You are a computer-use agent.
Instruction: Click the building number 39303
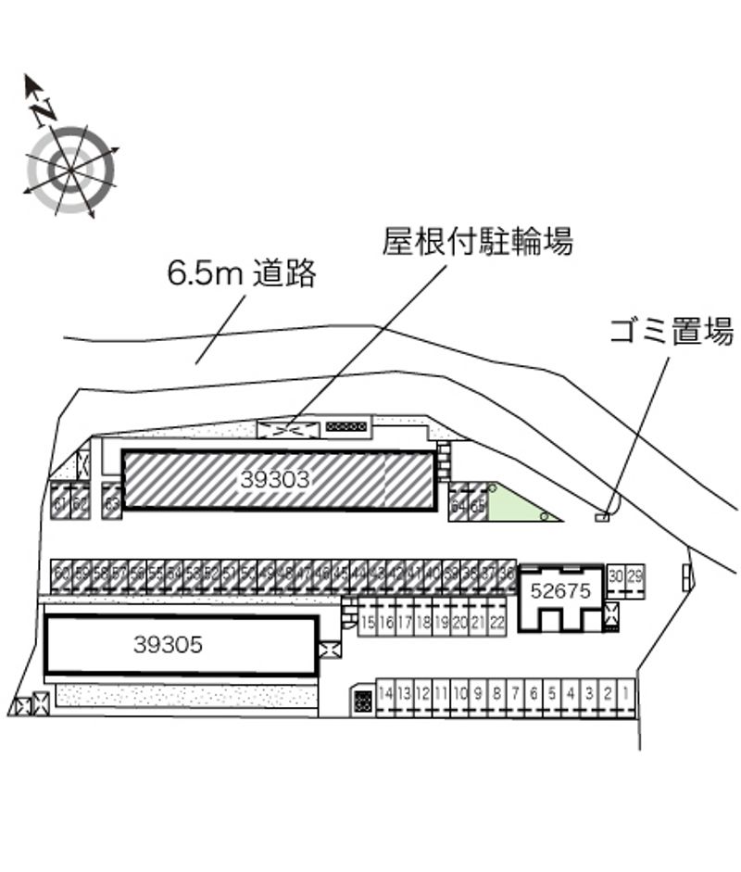[x=274, y=480]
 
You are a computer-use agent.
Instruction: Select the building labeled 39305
[x=168, y=645]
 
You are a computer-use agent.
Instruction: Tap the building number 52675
[x=559, y=591]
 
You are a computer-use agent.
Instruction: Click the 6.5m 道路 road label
[x=242, y=274]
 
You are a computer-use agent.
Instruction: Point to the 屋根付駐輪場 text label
[x=478, y=243]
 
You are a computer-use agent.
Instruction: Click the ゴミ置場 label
[x=672, y=332]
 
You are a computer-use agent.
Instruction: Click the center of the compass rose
[x=70, y=169]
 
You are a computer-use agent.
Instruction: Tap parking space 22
[x=497, y=622]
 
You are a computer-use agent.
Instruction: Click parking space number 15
[x=368, y=622]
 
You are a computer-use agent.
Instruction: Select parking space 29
[x=634, y=578]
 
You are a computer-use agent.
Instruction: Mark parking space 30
[x=617, y=578]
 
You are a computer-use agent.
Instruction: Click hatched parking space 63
[x=112, y=503]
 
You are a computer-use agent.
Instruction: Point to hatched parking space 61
[x=59, y=503]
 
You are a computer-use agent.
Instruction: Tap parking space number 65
[x=478, y=506]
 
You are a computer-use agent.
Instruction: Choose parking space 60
[x=62, y=574]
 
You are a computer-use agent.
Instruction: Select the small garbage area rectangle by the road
[x=602, y=516]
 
